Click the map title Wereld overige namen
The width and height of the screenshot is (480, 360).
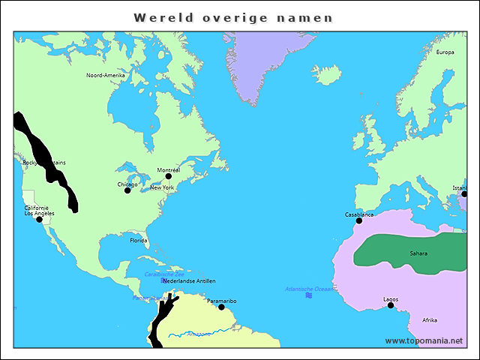[232, 17]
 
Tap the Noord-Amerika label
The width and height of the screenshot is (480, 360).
[105, 76]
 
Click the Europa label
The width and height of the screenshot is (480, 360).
[445, 52]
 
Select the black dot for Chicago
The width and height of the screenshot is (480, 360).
[127, 190]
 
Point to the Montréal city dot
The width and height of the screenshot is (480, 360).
[168, 177]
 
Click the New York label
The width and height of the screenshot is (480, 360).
[161, 187]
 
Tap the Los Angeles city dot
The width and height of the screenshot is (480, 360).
[39, 219]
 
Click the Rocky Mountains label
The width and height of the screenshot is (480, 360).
[44, 163]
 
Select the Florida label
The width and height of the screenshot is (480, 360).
[139, 241]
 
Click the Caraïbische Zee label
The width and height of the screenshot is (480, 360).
[163, 274]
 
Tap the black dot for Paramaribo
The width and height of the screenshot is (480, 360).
[221, 307]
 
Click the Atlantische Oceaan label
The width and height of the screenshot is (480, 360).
[309, 289]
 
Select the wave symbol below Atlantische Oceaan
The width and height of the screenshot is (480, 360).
[309, 296]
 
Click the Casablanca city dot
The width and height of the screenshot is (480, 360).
[359, 220]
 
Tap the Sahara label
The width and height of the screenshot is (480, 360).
[418, 253]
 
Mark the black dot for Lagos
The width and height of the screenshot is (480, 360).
[390, 305]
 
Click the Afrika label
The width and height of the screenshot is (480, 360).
[430, 320]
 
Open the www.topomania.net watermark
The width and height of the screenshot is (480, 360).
[424, 341]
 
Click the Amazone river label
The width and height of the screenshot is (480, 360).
[199, 334]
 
